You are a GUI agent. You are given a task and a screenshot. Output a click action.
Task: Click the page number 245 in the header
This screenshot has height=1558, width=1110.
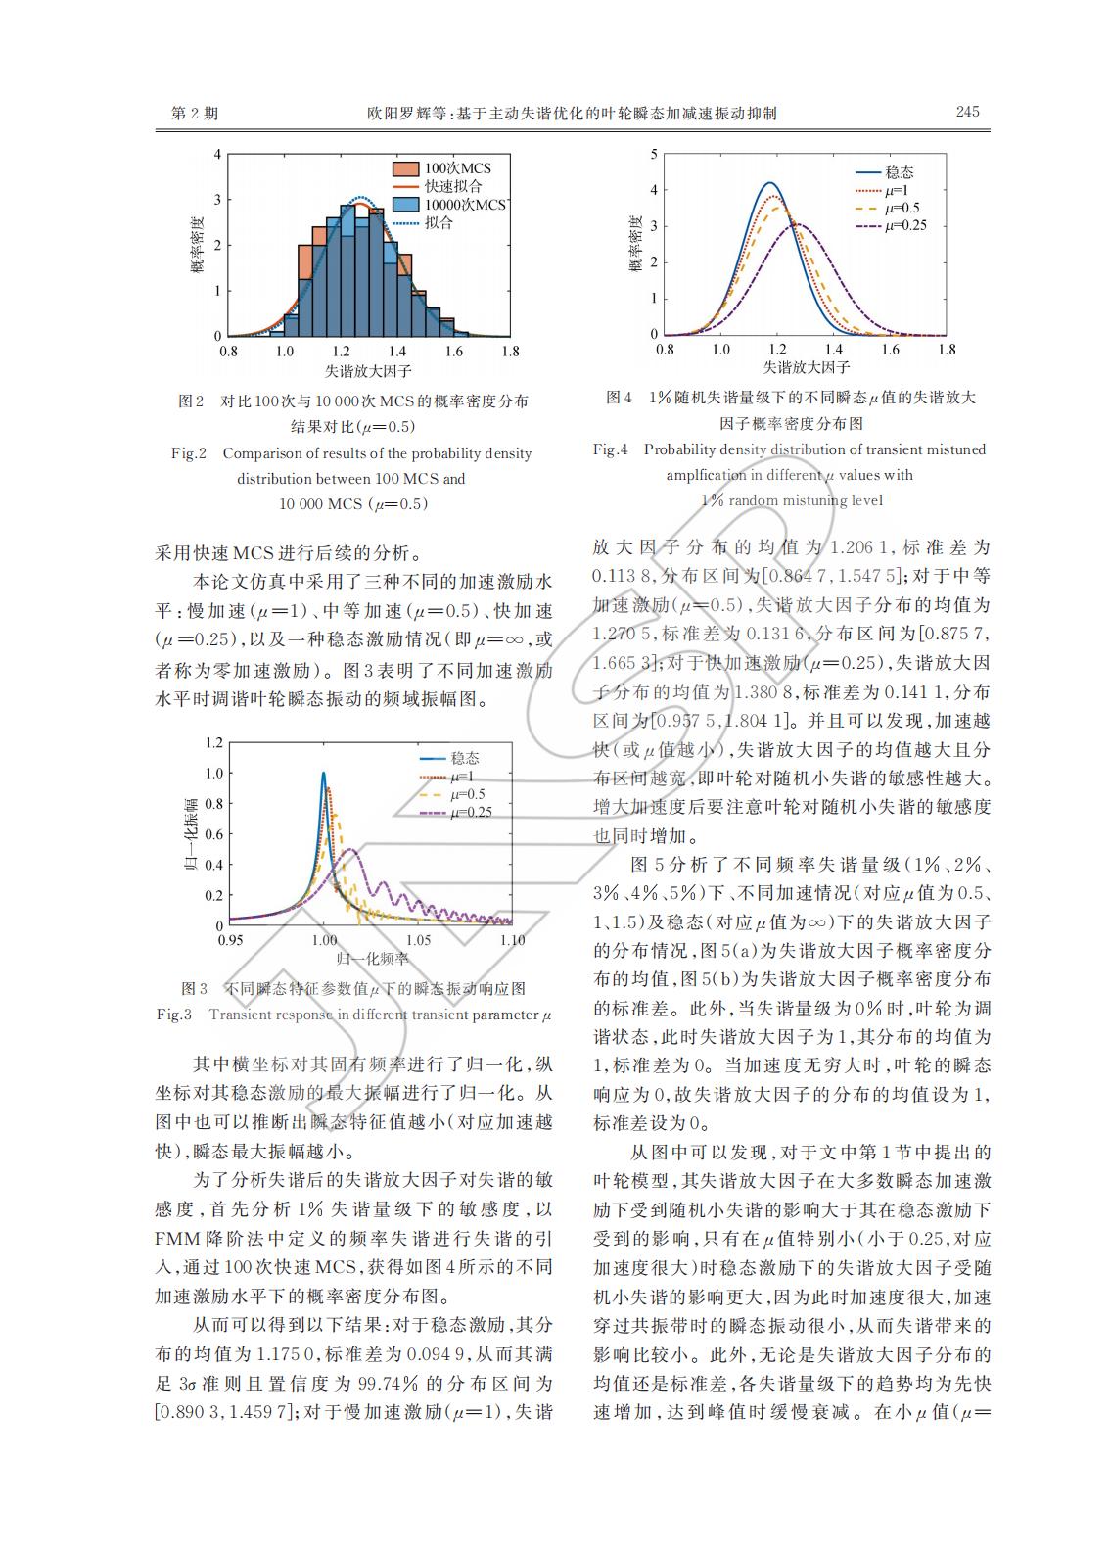click(966, 112)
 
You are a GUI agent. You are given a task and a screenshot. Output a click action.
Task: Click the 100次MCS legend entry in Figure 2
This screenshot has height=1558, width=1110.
click(457, 168)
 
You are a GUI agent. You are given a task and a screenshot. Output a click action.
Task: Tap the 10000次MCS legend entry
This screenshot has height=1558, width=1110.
click(464, 205)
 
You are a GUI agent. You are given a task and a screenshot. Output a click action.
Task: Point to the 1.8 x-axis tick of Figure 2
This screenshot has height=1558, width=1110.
click(508, 350)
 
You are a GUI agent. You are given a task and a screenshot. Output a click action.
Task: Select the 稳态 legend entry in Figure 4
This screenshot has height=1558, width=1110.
click(899, 172)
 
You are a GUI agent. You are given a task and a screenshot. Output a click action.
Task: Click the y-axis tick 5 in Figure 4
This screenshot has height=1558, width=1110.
click(654, 155)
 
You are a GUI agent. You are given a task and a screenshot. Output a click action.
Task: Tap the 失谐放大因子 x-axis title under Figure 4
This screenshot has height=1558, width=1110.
click(806, 368)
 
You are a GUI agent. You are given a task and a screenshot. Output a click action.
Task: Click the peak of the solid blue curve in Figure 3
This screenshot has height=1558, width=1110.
click(324, 774)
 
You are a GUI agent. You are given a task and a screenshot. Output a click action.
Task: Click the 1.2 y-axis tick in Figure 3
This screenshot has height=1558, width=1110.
click(213, 742)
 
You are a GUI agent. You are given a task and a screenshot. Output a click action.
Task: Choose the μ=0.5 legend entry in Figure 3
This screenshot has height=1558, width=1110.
click(467, 794)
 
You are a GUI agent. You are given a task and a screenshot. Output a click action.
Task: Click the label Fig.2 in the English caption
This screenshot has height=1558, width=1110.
click(189, 453)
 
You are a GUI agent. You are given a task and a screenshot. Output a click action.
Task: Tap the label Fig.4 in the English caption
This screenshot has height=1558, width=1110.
click(610, 449)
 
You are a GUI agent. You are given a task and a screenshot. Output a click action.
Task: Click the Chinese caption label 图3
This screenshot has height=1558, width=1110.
click(195, 987)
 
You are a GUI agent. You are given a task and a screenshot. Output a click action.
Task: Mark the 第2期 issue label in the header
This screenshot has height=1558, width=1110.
click(195, 114)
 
